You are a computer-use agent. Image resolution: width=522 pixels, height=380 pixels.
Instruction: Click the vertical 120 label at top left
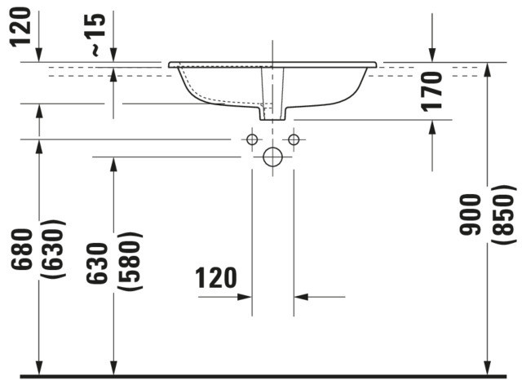point(20,27)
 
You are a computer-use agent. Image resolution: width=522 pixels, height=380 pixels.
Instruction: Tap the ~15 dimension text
point(97,34)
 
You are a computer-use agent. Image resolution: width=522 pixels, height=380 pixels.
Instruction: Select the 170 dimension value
point(431,91)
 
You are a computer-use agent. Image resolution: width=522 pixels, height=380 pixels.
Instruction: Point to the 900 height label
point(470,214)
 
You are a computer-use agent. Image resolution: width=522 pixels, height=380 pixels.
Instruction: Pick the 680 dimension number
point(22,249)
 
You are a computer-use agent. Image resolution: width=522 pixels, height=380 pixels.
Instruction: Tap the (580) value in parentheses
point(130,262)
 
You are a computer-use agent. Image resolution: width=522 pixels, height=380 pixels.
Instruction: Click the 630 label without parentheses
point(97,263)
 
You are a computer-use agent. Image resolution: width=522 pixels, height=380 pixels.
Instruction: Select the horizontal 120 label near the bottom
point(215,277)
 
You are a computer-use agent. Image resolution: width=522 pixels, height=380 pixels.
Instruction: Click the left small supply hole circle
point(252,139)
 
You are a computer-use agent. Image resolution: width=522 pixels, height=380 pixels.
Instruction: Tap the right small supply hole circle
point(294,139)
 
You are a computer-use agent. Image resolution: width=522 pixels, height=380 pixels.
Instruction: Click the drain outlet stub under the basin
point(272,114)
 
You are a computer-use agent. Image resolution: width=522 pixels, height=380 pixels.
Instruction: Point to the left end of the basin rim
point(169,64)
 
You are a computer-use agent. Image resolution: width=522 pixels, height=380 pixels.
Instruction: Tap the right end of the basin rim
point(376,64)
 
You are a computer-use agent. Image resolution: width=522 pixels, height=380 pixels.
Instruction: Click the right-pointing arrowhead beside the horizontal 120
point(245,297)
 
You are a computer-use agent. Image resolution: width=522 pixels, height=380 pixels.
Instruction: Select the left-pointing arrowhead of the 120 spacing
point(301,297)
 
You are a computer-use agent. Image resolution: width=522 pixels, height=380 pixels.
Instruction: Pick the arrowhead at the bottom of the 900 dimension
point(488,369)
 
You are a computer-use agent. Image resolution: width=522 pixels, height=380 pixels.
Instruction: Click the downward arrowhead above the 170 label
point(432,55)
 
